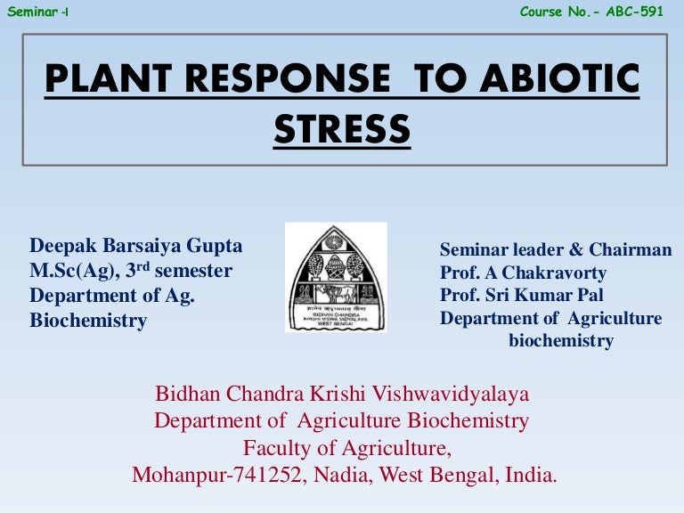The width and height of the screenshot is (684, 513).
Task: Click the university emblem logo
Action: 336,277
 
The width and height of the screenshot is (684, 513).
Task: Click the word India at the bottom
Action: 532,475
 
